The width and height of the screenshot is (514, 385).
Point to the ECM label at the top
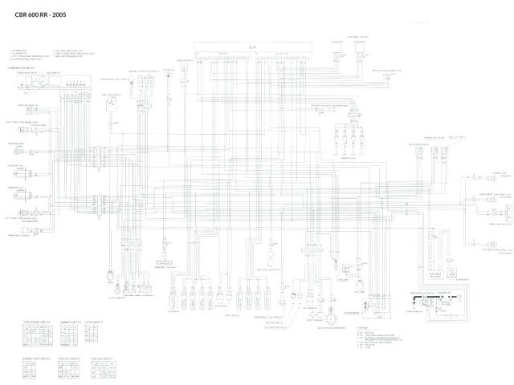coord(251,47)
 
